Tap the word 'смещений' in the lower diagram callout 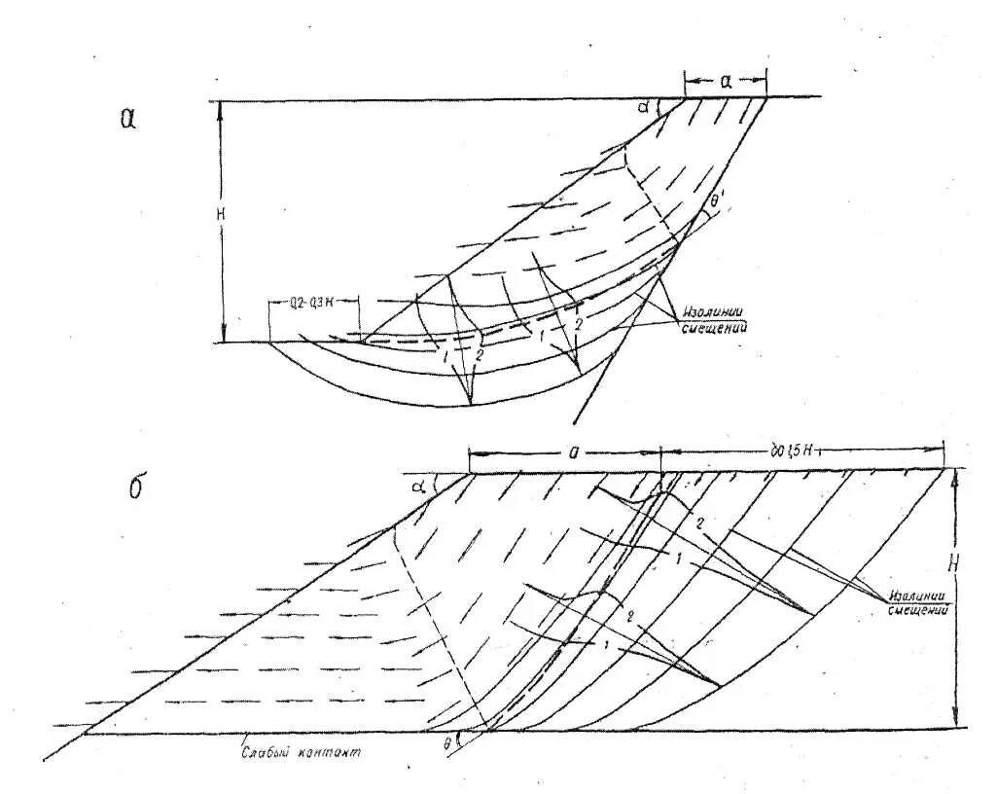click(919, 609)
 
